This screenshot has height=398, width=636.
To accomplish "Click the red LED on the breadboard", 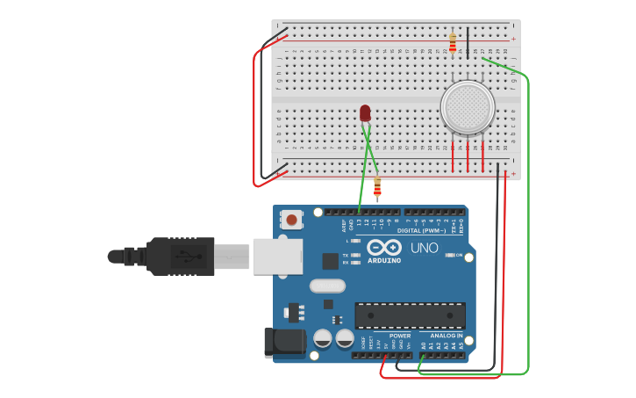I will pos(365,112).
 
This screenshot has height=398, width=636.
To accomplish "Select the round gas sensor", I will pos(467,107).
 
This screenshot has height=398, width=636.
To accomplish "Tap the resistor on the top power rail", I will pos(453,43).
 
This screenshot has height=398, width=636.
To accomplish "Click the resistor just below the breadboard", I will pos(377,188).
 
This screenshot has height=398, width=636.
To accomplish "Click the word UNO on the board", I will pos(424,249).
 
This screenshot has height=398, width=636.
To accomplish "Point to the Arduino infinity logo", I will pos(384,249).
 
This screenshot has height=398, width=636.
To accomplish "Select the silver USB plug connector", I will pos(232,256).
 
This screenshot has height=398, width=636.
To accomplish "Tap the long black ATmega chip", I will pos(410,315).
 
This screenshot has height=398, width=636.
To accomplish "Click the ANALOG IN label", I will pos(447,336).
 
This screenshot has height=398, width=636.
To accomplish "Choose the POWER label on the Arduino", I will pos(400,336).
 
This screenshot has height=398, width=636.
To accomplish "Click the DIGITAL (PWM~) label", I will pos(421,230).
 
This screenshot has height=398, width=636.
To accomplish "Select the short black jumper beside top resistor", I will pos(468,41).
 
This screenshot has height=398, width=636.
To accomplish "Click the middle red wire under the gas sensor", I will pos(468,156).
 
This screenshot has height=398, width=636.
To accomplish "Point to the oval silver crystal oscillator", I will pos(326,286).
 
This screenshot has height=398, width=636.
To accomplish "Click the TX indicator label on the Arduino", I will pos(346,255).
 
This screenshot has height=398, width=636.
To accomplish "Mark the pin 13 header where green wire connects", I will pos(360,212).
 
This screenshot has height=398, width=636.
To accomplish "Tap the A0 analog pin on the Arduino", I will pos(423,355).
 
